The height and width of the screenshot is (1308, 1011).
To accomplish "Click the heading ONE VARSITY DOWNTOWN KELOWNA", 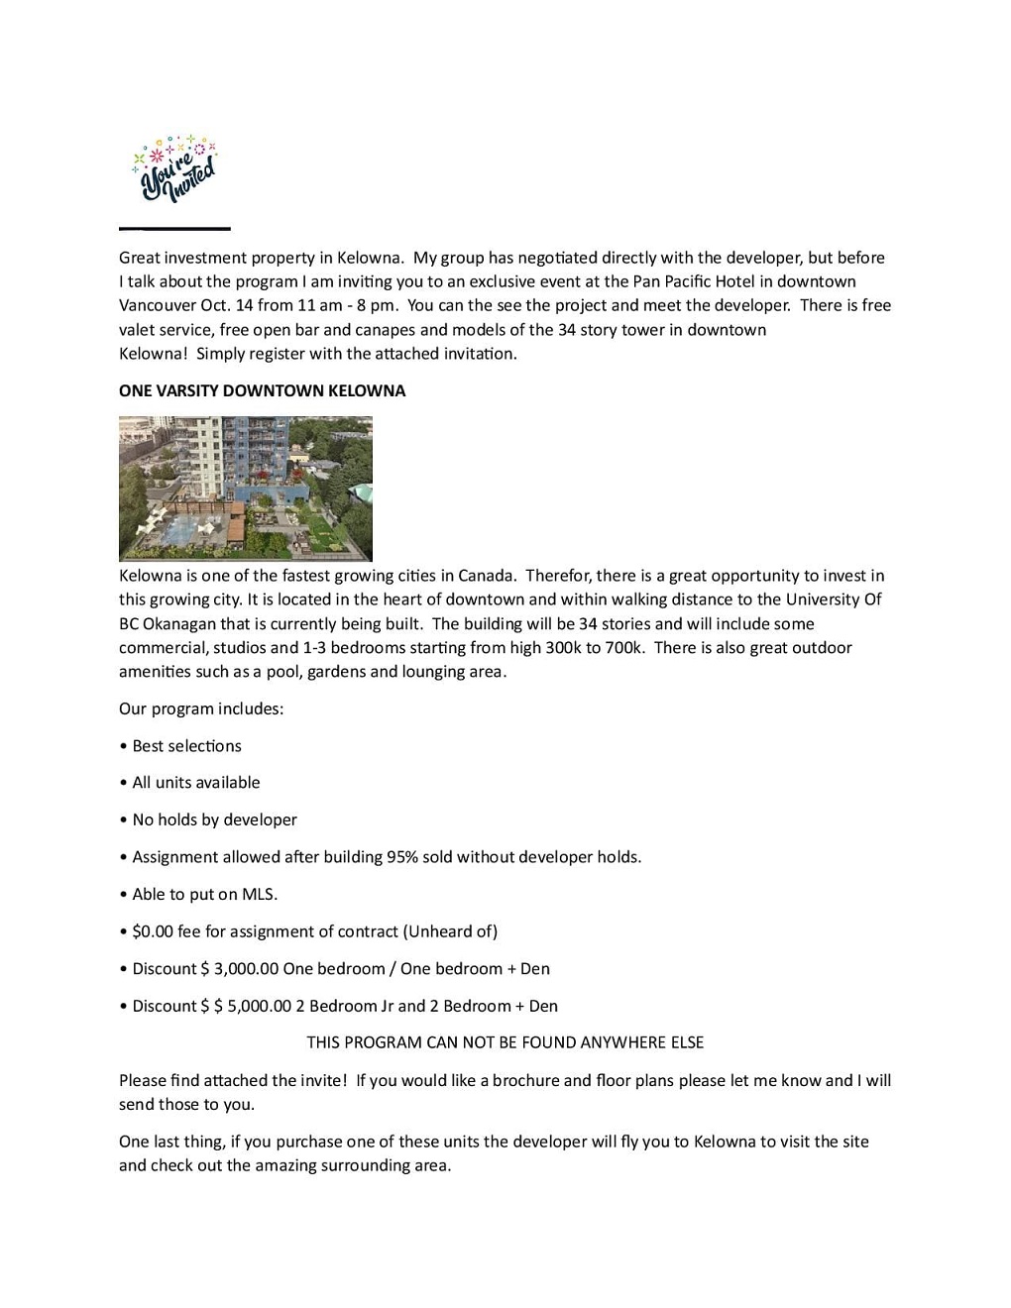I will [x=262, y=390].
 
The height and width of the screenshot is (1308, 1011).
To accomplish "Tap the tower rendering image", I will [x=245, y=489].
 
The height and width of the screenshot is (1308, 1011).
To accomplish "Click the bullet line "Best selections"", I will [x=186, y=746].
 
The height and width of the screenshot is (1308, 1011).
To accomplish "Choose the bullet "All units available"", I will [x=195, y=783].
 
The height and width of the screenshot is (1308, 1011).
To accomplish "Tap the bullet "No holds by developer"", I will [x=214, y=819].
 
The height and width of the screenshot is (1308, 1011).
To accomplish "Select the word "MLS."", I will [x=260, y=894].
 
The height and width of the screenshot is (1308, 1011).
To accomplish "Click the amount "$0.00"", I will [x=153, y=931].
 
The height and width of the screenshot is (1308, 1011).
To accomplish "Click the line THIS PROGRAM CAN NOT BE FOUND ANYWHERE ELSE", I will [x=505, y=1042].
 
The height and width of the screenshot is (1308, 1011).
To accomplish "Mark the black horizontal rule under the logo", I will [x=174, y=229].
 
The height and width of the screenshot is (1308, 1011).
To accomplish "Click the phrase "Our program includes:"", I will [x=201, y=708].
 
